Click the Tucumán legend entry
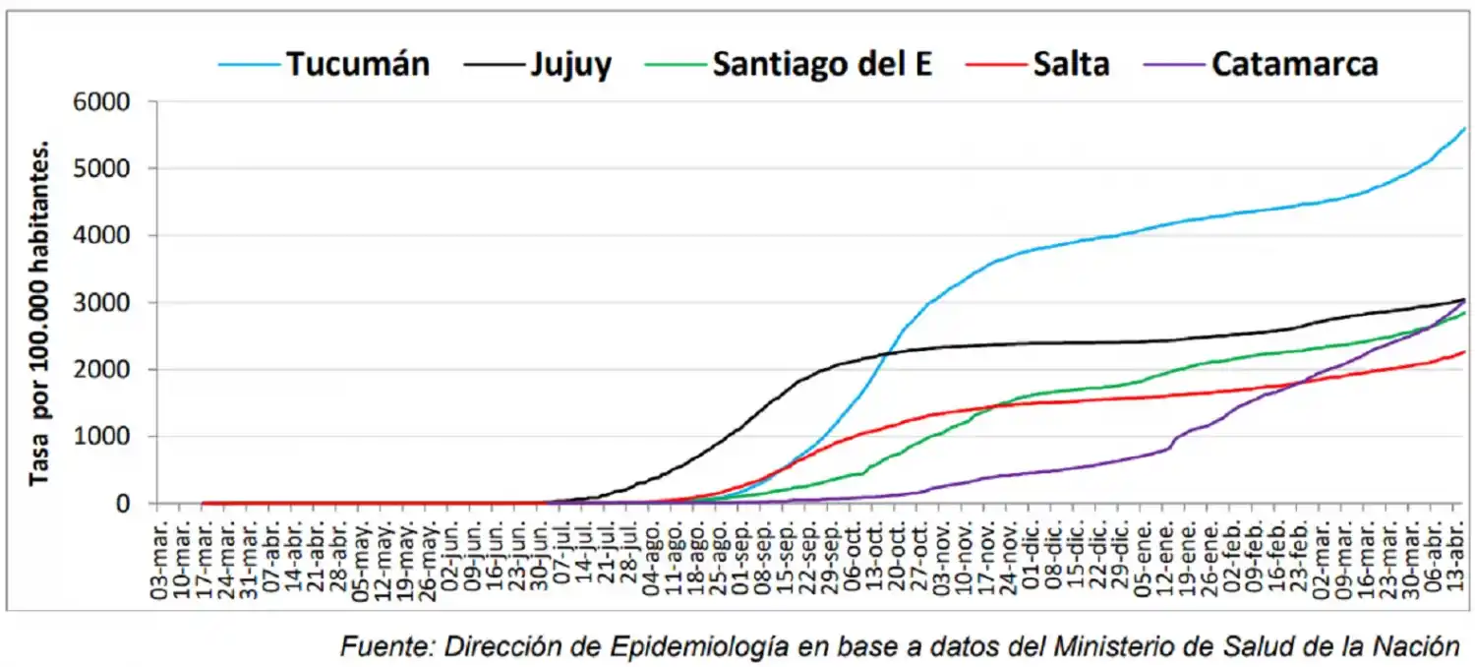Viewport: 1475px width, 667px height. click(358, 64)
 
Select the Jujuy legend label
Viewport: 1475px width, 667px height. click(570, 64)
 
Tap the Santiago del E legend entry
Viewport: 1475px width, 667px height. click(822, 64)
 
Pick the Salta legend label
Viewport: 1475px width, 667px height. click(1071, 64)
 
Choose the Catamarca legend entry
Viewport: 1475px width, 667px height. click(1294, 64)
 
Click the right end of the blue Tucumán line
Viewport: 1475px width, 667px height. click(1464, 129)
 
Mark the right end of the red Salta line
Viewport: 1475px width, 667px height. click(1464, 352)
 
